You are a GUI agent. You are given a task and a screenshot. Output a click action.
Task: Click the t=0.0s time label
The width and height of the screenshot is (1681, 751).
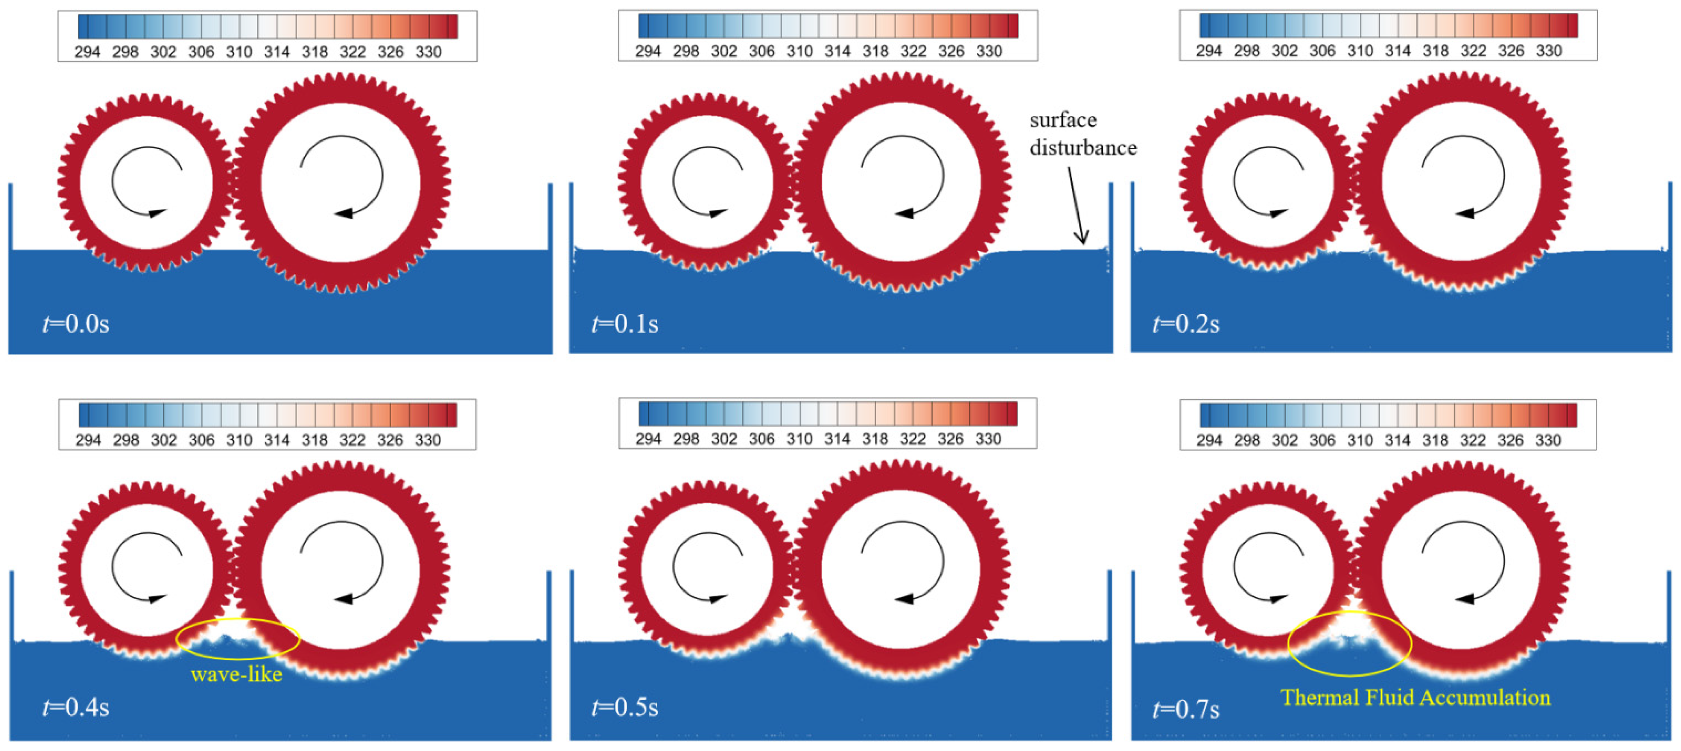pyautogui.click(x=76, y=324)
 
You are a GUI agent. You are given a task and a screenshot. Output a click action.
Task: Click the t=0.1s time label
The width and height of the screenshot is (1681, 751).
pyautogui.click(x=625, y=324)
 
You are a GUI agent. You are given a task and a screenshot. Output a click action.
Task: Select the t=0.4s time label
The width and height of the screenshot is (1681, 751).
pyautogui.click(x=76, y=707)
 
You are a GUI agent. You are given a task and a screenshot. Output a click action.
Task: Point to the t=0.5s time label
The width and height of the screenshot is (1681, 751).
pyautogui.click(x=625, y=707)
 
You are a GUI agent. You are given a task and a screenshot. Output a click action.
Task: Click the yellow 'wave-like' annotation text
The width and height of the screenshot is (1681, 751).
pyautogui.click(x=236, y=674)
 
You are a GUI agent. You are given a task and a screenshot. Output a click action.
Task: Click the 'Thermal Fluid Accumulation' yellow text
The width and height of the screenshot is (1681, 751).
pyautogui.click(x=1415, y=697)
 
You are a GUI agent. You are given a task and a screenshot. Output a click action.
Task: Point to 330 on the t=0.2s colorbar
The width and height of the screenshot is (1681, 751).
pyautogui.click(x=1549, y=51)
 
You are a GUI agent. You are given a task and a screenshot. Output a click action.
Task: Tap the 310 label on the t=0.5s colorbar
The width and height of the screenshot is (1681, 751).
pyautogui.click(x=800, y=439)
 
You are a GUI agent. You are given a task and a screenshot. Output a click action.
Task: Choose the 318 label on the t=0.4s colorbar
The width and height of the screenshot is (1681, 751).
pyautogui.click(x=315, y=441)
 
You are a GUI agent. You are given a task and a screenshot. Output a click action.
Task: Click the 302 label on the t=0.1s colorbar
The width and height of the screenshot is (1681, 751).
pyautogui.click(x=724, y=51)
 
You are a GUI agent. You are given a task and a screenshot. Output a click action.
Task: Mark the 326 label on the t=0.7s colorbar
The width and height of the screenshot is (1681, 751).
pyautogui.click(x=1511, y=441)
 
